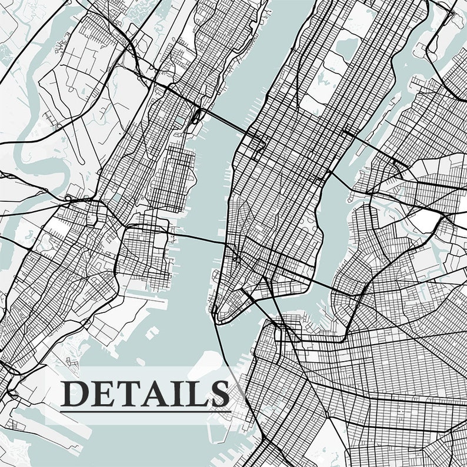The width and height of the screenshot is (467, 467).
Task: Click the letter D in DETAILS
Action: tap(75, 392)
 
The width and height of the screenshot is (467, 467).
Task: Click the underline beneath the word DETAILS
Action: tap(145, 409)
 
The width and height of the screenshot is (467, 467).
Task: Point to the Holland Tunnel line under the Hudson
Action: tap(200, 238)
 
